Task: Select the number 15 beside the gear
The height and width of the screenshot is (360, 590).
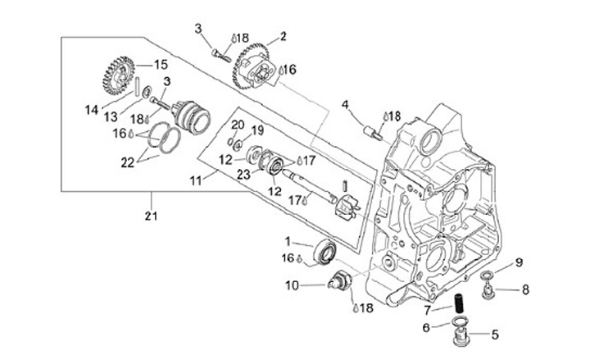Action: click(x=161, y=63)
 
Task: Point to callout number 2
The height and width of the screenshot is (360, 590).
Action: click(x=283, y=36)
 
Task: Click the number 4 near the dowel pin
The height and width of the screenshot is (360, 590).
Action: click(x=346, y=104)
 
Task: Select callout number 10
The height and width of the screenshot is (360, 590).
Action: click(x=292, y=285)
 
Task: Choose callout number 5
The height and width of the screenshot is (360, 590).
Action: click(x=494, y=334)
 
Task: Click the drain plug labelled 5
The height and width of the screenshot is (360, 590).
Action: click(x=465, y=335)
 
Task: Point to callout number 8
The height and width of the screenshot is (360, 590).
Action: click(x=525, y=289)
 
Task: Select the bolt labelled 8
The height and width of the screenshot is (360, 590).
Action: click(x=490, y=286)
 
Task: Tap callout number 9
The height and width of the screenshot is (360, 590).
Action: click(x=519, y=262)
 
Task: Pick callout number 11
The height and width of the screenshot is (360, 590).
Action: click(x=195, y=178)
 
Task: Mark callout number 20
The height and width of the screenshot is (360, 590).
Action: click(x=238, y=124)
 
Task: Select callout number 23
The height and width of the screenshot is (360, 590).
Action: click(x=243, y=173)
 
